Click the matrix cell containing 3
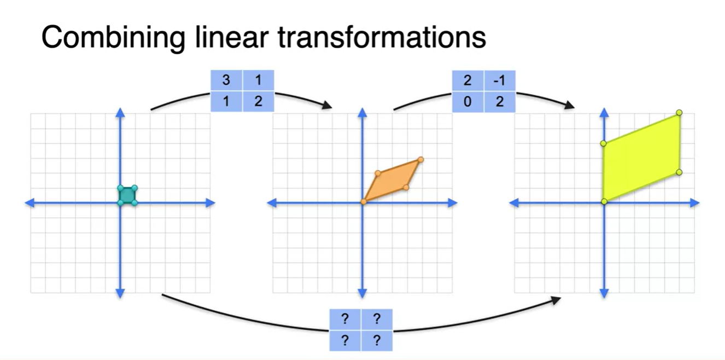tap(226, 81)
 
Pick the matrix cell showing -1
tap(500, 81)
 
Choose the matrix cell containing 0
tap(468, 102)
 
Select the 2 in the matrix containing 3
tap(258, 102)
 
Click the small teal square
tap(127, 195)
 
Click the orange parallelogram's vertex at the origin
tap(364, 202)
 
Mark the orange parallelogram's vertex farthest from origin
tap(420, 160)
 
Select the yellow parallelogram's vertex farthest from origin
tap(679, 113)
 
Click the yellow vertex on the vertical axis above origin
tap(604, 143)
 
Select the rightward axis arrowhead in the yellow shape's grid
tap(695, 203)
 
